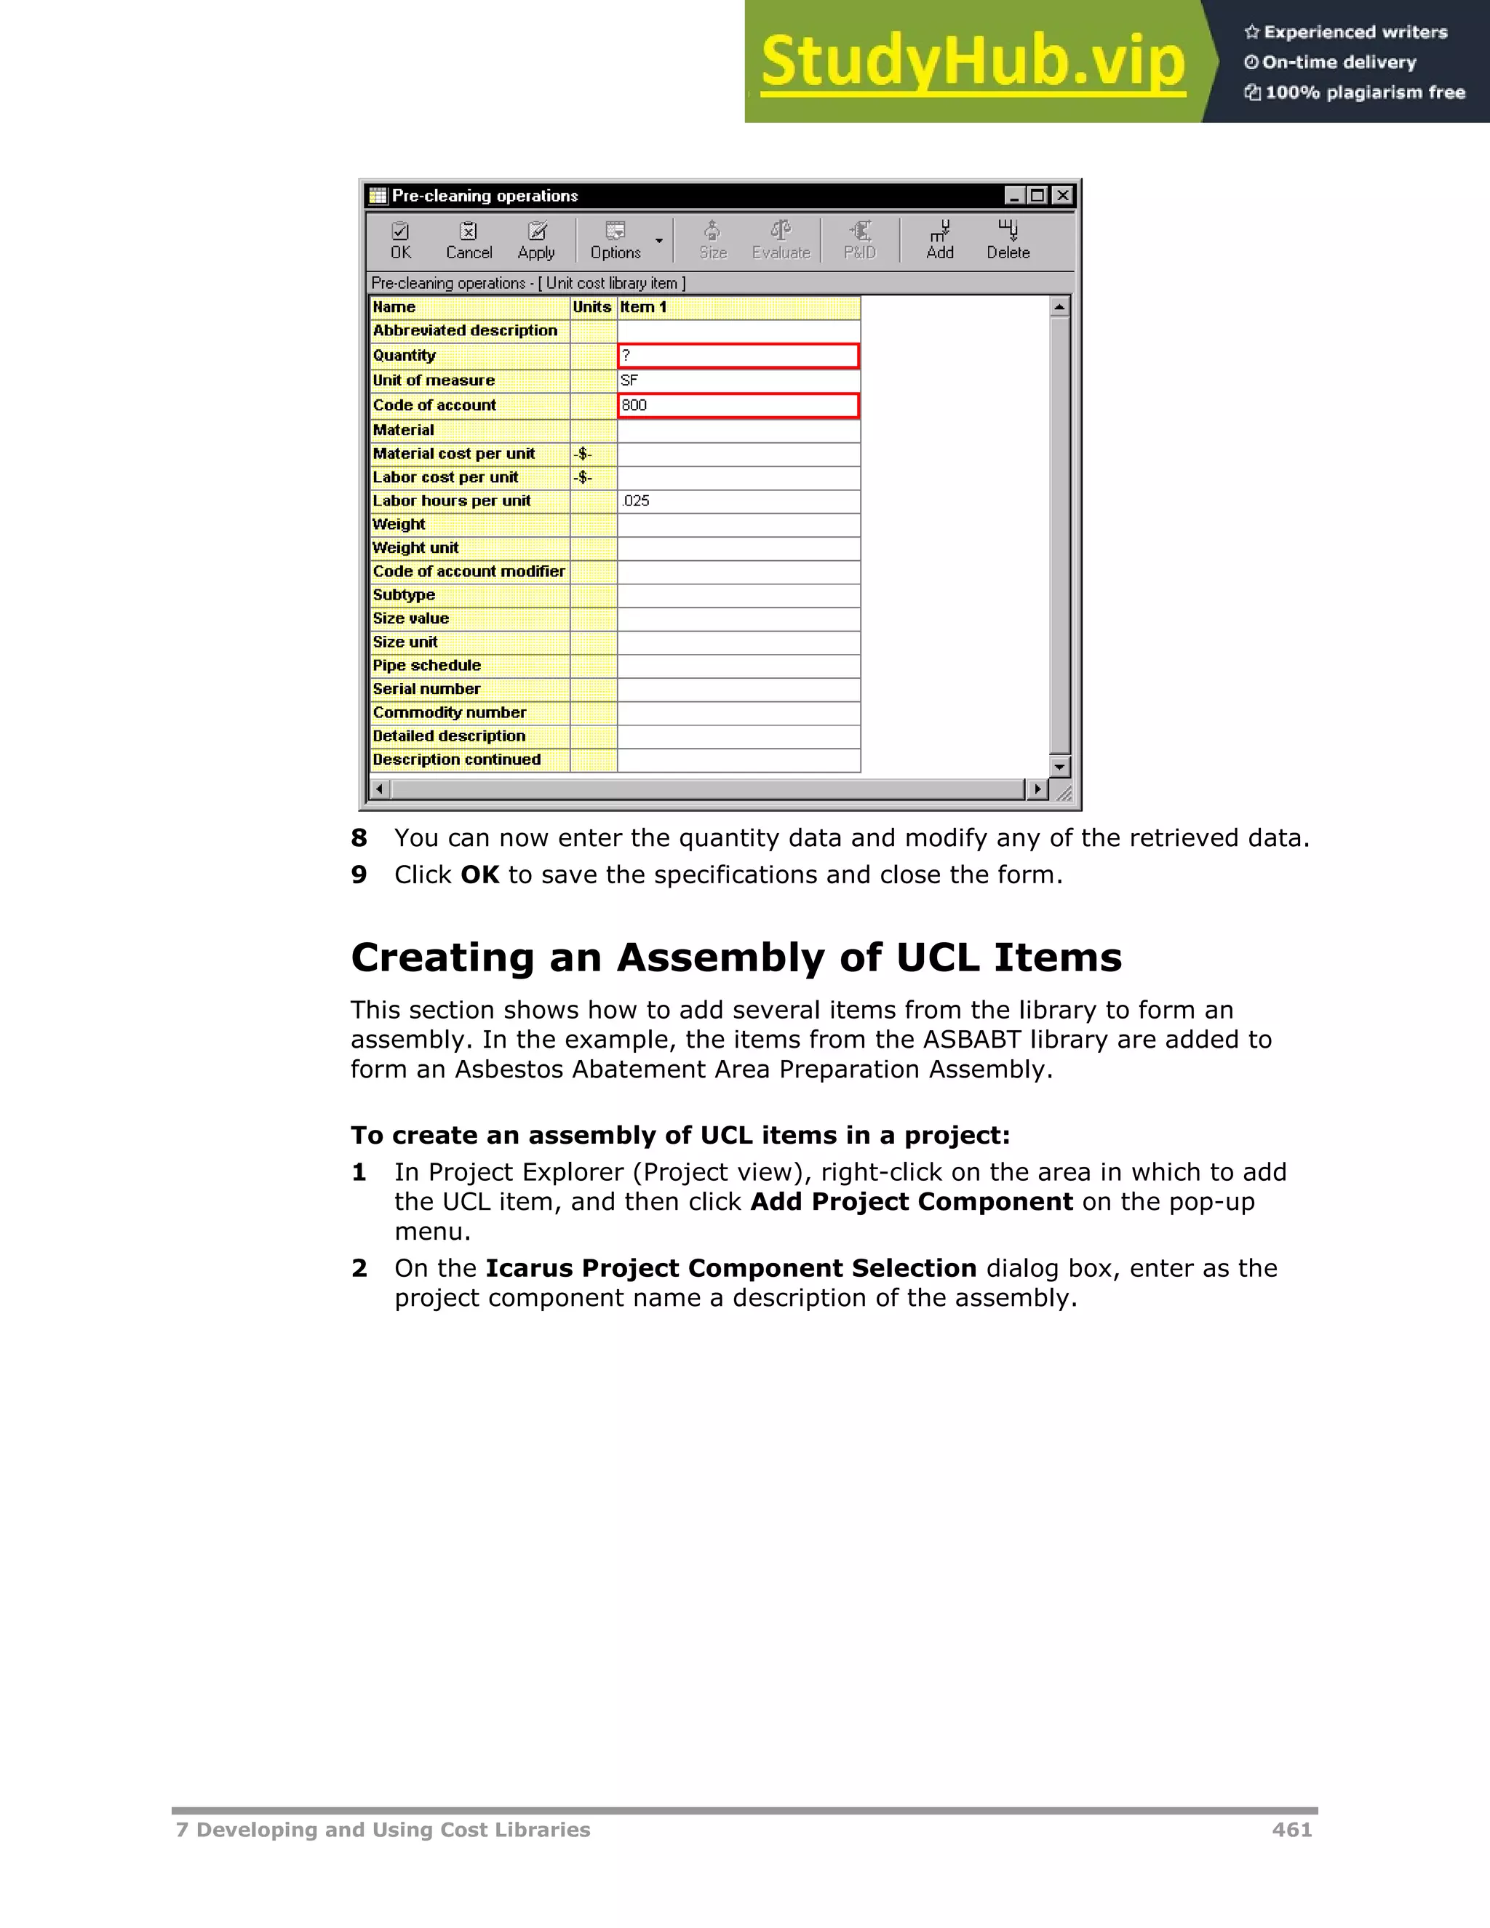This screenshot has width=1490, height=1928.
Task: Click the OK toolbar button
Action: [x=401, y=241]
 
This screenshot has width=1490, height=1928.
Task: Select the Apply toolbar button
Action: [x=535, y=241]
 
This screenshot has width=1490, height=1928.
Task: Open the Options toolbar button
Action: [x=616, y=241]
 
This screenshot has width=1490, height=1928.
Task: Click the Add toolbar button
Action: [x=939, y=241]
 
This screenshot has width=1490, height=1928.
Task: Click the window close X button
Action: [x=1063, y=196]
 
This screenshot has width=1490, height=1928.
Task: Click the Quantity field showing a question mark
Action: [x=738, y=356]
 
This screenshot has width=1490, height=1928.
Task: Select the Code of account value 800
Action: [x=738, y=405]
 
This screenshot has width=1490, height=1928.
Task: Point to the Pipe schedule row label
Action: [x=427, y=666]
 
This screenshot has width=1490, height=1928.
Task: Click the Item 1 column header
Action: [x=738, y=307]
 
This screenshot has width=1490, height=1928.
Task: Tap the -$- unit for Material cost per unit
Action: [x=583, y=454]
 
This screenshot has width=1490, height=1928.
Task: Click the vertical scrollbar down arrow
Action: [x=1059, y=766]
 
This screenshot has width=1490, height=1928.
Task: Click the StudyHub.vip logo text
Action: [x=973, y=62]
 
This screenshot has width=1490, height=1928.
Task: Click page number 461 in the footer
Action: [x=1291, y=1830]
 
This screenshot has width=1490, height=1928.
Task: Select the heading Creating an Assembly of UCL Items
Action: [x=736, y=958]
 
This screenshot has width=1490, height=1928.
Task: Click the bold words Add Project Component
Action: [x=911, y=1203]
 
